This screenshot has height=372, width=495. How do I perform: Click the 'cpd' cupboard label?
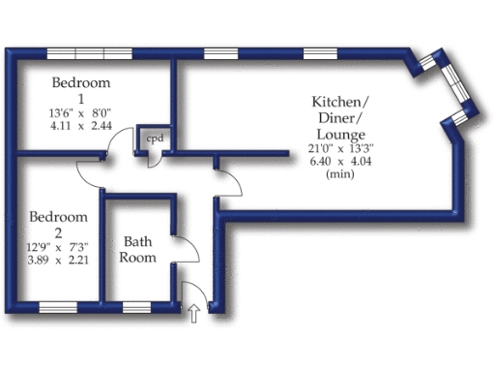pyautogui.click(x=155, y=139)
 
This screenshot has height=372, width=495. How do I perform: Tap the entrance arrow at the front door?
pyautogui.click(x=193, y=313)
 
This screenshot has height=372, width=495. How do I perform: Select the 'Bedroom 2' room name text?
pyautogui.click(x=58, y=224)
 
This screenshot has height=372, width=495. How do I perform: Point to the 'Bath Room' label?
pyautogui.click(x=136, y=250)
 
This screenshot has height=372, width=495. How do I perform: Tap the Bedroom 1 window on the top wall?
pyautogui.click(x=90, y=51)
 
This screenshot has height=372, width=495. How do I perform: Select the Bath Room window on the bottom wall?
pyautogui.click(x=135, y=308)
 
